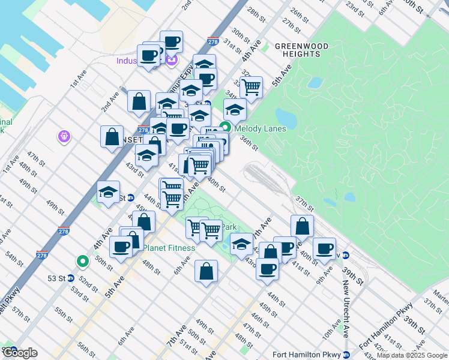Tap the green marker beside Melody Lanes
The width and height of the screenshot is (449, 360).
(x=225, y=127)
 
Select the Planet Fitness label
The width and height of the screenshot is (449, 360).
(x=169, y=248)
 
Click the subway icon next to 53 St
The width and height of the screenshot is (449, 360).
(x=70, y=278)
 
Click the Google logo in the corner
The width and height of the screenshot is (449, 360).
(x=19, y=353)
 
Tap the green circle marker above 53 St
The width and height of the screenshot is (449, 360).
(x=82, y=262)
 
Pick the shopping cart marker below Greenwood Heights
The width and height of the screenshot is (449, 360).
(x=251, y=88)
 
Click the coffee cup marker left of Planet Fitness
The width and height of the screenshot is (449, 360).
(x=122, y=247)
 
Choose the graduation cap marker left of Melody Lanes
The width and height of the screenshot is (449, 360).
(x=200, y=116)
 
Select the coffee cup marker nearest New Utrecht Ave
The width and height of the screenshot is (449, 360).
(x=325, y=248)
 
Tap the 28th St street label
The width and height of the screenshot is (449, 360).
(x=256, y=13)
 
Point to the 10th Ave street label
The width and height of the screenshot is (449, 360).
(x=332, y=330)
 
